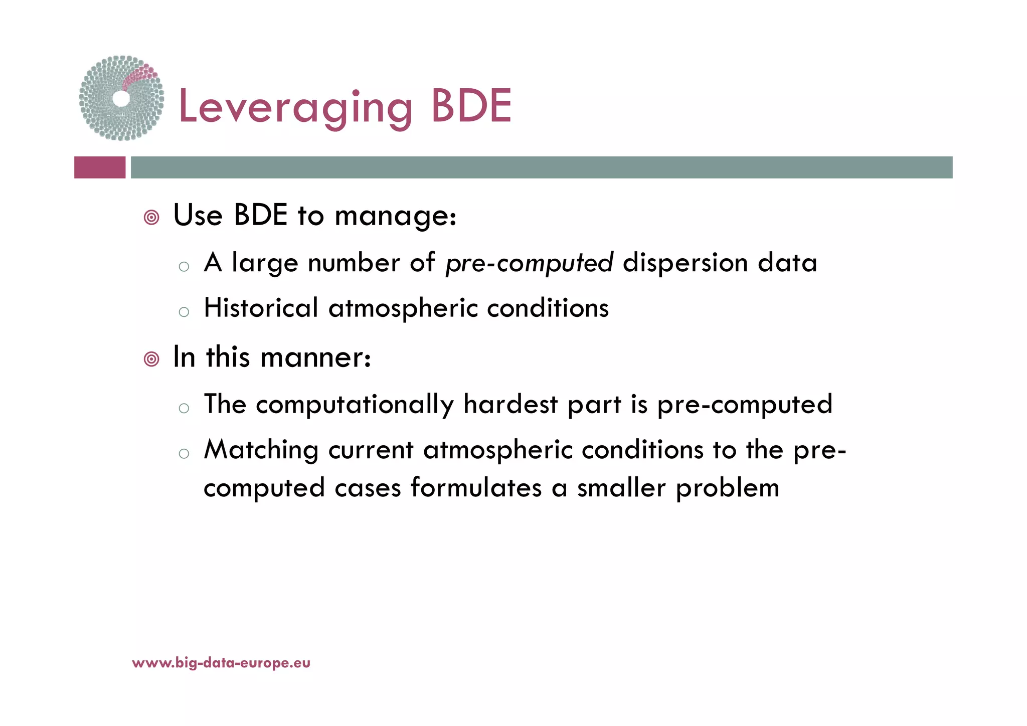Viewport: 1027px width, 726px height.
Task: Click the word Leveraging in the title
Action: click(x=295, y=107)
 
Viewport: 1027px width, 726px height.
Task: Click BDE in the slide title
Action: click(x=471, y=106)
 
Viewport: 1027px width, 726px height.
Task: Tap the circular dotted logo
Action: click(x=121, y=98)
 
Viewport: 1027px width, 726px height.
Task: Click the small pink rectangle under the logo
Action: click(x=100, y=167)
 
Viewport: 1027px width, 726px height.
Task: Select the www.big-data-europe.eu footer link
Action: click(x=221, y=663)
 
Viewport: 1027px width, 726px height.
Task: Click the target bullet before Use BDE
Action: click(x=151, y=218)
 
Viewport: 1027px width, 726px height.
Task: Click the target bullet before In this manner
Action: click(x=151, y=359)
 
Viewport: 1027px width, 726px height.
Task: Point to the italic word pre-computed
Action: click(x=529, y=263)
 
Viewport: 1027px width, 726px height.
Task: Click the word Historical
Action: click(x=261, y=307)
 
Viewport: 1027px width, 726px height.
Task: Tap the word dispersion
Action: click(x=685, y=263)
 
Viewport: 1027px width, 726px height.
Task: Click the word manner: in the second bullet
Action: click(x=316, y=358)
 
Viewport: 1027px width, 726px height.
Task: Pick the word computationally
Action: click(x=355, y=405)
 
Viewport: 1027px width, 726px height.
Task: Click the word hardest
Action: click(x=510, y=404)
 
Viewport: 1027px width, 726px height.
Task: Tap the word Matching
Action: click(x=261, y=450)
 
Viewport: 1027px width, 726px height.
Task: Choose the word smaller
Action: click(x=622, y=487)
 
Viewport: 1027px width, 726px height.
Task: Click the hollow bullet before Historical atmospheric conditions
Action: click(x=184, y=312)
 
